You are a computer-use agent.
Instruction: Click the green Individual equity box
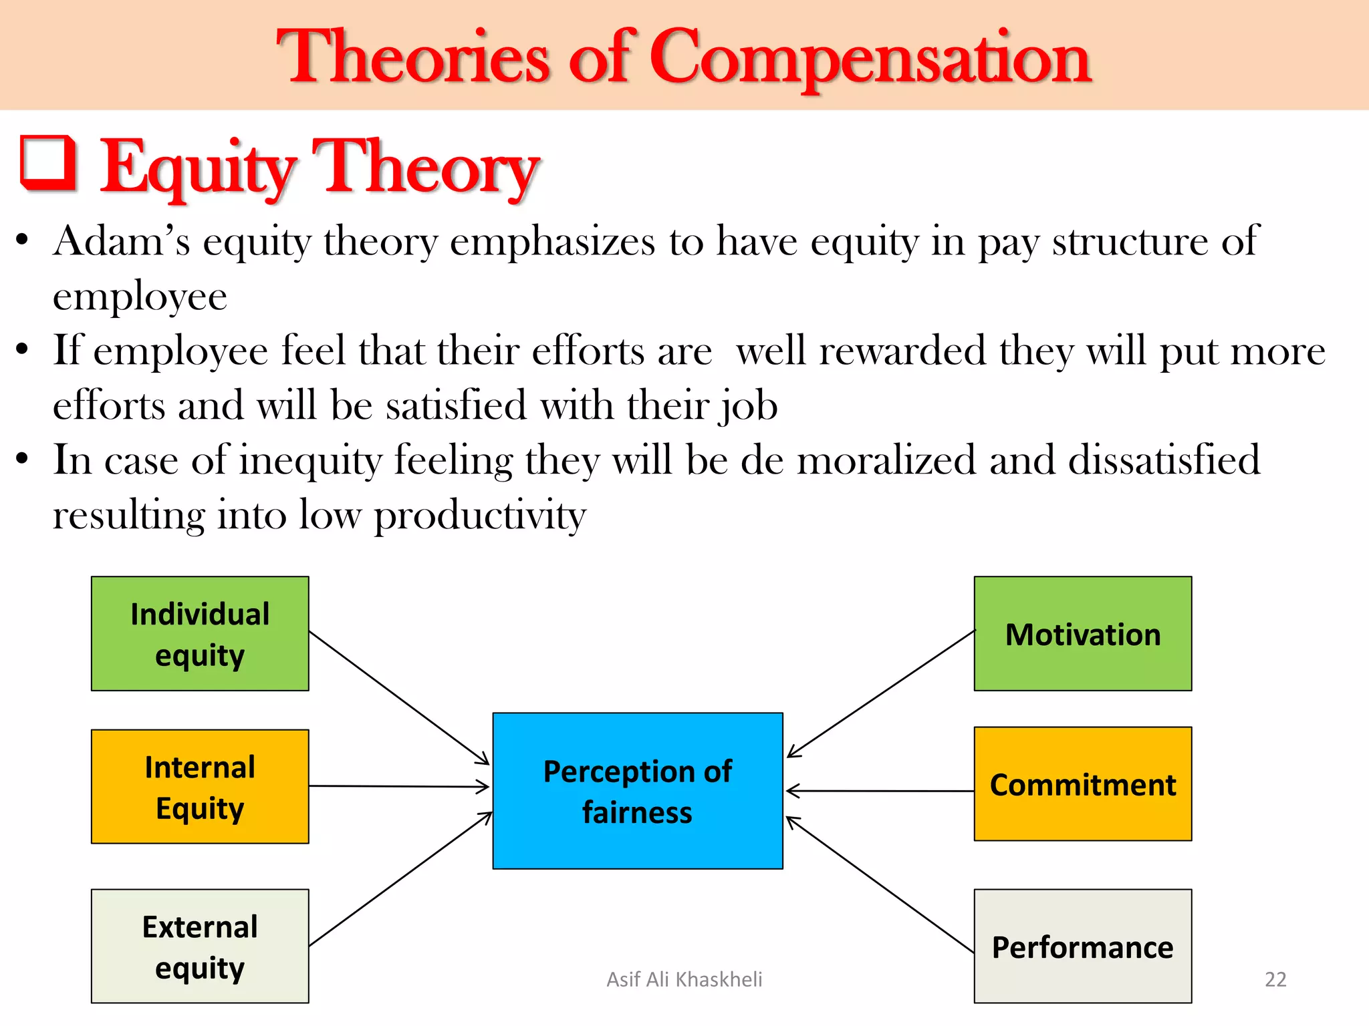pyautogui.click(x=200, y=633)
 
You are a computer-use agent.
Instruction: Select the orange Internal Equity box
pyautogui.click(x=200, y=786)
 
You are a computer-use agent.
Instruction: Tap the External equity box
pyautogui.click(x=200, y=946)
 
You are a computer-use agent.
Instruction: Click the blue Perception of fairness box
pyautogui.click(x=637, y=791)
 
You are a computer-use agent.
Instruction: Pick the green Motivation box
pyautogui.click(x=1082, y=633)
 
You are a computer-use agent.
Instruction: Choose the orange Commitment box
pyautogui.click(x=1082, y=784)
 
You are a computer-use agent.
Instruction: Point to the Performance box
pyautogui.click(x=1082, y=946)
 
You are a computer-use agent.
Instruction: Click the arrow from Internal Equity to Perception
pyautogui.click(x=399, y=786)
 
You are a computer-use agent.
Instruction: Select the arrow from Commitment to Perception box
pyautogui.click(x=880, y=791)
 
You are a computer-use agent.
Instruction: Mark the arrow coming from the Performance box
pyautogui.click(x=880, y=884)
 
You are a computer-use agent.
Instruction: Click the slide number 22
pyautogui.click(x=1275, y=979)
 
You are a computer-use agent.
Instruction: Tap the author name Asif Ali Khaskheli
pyautogui.click(x=684, y=979)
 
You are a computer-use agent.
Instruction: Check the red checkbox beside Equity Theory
pyautogui.click(x=48, y=162)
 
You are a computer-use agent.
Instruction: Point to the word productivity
pyautogui.click(x=479, y=516)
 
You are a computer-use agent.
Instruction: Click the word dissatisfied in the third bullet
pyautogui.click(x=1163, y=460)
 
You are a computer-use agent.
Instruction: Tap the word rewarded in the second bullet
pyautogui.click(x=902, y=351)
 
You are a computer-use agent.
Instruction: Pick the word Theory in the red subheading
pyautogui.click(x=426, y=167)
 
